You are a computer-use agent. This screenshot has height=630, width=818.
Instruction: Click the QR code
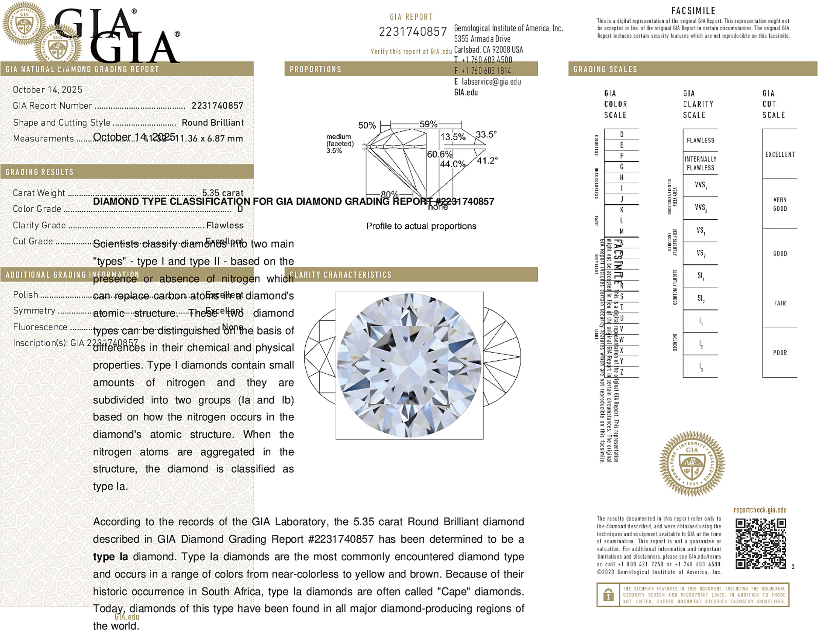pos(760,543)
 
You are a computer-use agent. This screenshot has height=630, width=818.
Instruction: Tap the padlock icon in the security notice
pos(608,595)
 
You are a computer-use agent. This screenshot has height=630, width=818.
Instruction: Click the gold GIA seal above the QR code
pos(692,464)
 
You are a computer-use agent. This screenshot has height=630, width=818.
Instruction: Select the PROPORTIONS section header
pos(315,69)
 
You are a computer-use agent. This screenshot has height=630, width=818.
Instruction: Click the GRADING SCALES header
pos(605,69)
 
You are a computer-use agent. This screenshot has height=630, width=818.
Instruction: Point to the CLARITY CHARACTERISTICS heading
pos(341,275)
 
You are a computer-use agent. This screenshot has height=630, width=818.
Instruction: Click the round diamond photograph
pos(409,365)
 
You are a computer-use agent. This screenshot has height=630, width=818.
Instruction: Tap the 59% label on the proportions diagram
pos(428,124)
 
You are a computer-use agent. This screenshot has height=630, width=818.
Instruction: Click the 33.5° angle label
pos(486,134)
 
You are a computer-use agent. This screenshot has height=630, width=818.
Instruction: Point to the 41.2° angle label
pos(487,161)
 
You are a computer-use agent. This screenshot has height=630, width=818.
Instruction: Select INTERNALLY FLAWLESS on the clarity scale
pos(700,163)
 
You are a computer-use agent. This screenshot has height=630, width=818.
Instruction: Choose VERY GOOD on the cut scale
pos(780,204)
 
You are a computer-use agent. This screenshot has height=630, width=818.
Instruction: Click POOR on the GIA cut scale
pos(780,353)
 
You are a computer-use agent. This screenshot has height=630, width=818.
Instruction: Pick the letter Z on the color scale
pos(621,372)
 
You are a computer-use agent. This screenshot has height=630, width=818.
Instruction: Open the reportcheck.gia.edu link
pos(760,510)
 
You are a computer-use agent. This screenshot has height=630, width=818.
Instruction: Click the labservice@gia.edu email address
pos(491,82)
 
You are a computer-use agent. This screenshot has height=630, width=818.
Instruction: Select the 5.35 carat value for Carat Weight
pos(223,193)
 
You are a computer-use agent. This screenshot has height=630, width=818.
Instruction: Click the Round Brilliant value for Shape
pos(213,123)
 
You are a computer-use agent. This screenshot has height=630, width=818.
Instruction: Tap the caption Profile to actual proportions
pos(421,226)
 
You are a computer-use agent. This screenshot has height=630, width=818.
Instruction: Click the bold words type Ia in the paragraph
pos(110,557)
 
